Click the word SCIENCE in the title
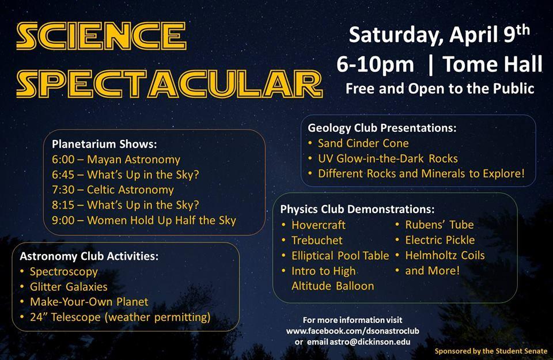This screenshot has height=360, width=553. pos(101,36)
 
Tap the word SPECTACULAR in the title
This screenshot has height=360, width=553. pos(169,84)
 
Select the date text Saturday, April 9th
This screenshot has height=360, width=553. pos(439,35)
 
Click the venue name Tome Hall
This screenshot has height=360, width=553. pos(493,64)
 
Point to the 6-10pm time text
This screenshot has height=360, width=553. pos(375,65)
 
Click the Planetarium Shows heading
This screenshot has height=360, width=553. pos(104,144)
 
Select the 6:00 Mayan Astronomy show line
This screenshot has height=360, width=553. pos(116,160)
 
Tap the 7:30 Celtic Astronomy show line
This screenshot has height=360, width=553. pos(113,190)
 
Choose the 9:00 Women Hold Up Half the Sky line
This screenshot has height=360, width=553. pos(144,221)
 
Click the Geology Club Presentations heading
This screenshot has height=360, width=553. pos(382,128)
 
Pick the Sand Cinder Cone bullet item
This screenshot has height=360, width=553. pos(363,143)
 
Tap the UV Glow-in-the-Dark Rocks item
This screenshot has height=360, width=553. pos(388,158)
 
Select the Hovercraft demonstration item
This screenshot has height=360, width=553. pos(319,225)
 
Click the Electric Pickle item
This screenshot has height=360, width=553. pos(440,240)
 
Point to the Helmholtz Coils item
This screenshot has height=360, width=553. pos(445,255)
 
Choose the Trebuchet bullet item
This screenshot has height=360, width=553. pos(317,240)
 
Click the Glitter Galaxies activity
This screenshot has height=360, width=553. pos(69,287)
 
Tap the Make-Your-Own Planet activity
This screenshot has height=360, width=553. pos(89,302)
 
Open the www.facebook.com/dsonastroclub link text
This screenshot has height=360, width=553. pos(353,331)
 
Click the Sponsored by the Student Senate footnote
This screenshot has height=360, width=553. pos(491,351)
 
